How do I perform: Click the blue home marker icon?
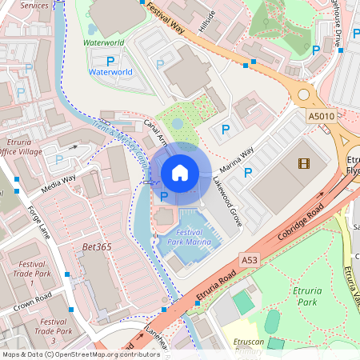180,172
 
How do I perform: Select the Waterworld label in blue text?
110,72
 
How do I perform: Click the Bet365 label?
97,247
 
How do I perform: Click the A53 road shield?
250,260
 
